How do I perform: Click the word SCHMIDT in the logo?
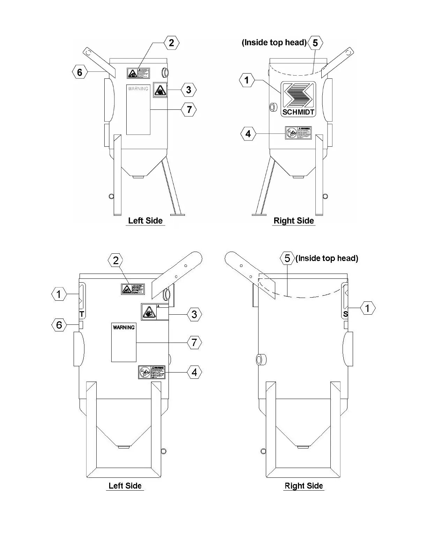coord(298,112)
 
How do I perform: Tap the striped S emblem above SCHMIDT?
coord(298,95)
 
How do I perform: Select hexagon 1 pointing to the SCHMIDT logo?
coord(247,80)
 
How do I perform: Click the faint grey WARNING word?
coord(138,89)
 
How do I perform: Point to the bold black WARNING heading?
coord(123,328)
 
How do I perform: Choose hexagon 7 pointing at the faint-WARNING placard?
coord(189,110)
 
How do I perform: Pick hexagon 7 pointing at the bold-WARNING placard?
coord(194,343)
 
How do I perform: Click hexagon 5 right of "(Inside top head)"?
coord(315,43)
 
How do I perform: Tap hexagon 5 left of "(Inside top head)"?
coord(287,258)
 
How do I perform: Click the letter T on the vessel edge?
coord(82,314)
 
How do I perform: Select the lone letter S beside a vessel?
coord(345,314)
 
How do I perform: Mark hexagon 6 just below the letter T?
coord(59,325)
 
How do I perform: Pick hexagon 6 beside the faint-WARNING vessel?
coord(80,72)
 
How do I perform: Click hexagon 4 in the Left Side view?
coord(194,373)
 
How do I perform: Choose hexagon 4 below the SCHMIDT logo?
coord(248,134)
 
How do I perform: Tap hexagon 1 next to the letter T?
coord(59,294)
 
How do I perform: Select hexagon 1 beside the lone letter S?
coord(367,308)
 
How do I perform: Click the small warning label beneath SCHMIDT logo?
coord(298,133)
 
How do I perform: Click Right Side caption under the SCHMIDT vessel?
coord(294,221)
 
